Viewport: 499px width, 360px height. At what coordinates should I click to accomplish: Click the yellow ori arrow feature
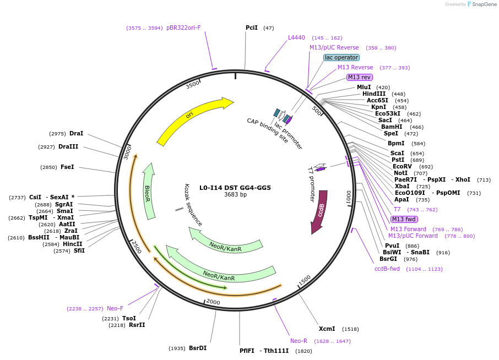click(x=193, y=118)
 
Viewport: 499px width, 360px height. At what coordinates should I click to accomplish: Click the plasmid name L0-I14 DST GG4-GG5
click(x=235, y=187)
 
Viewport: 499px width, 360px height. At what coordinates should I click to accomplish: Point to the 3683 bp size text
click(x=235, y=194)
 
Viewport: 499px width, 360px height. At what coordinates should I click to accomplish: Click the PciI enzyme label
click(x=252, y=28)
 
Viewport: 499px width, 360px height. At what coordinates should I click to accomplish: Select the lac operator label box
click(x=341, y=57)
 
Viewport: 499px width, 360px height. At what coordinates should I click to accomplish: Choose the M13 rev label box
click(x=359, y=77)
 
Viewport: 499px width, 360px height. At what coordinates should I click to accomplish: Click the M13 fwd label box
click(x=404, y=219)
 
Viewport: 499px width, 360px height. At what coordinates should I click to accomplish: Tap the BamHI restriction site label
click(x=392, y=127)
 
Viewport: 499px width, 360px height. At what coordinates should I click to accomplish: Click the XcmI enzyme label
click(x=327, y=329)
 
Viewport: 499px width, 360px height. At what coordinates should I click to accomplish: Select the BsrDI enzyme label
click(x=198, y=348)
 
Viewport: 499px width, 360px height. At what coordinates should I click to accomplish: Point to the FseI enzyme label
click(x=67, y=167)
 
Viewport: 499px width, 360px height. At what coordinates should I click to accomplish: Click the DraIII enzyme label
click(x=68, y=146)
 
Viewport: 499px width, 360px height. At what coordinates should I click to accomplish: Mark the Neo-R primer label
click(x=299, y=341)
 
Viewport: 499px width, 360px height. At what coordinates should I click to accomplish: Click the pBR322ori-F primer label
click(x=183, y=28)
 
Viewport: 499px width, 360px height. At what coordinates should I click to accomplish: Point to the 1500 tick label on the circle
click(x=304, y=280)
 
